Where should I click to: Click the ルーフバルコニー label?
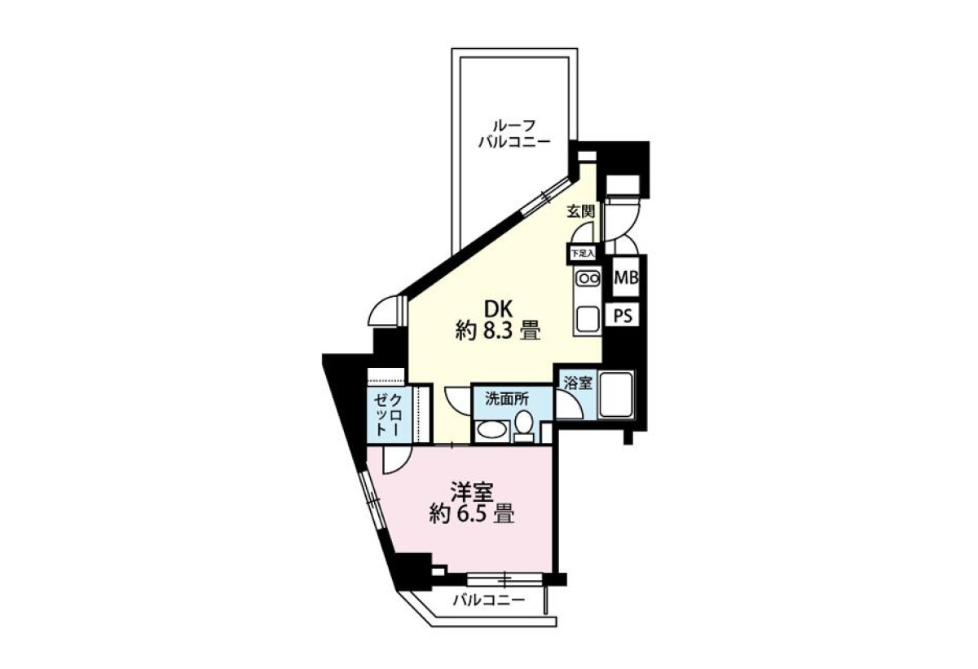click(x=514, y=134)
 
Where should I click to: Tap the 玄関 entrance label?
click(x=581, y=212)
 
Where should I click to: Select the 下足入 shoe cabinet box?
click(x=584, y=254)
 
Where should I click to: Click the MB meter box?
click(x=626, y=277)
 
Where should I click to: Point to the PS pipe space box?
click(x=623, y=315)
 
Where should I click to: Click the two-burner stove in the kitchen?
click(x=588, y=278)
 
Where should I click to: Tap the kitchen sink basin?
click(x=588, y=320)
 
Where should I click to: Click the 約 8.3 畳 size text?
click(x=499, y=330)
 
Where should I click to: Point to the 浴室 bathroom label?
click(x=578, y=383)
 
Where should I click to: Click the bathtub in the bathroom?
click(x=616, y=395)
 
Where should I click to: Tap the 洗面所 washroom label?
click(x=507, y=400)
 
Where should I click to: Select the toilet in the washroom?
click(x=523, y=429)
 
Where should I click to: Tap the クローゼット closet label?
click(x=388, y=414)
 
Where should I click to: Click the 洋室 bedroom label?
click(x=472, y=493)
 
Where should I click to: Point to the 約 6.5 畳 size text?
click(x=472, y=514)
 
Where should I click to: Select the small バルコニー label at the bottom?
click(x=488, y=600)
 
